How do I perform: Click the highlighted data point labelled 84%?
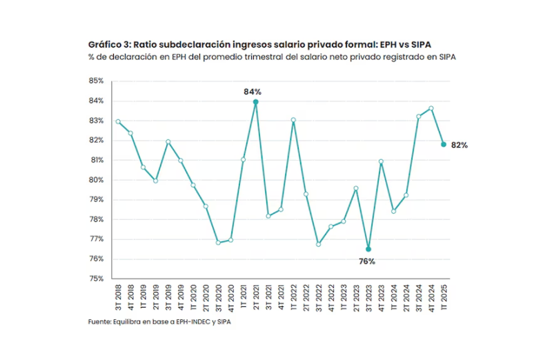(255, 102)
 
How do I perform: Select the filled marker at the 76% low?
(368, 249)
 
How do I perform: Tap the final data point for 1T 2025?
(444, 144)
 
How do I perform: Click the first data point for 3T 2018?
(118, 121)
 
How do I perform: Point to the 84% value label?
(252, 91)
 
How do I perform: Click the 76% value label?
(366, 261)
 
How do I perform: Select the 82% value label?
(460, 146)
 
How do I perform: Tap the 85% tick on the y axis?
(95, 81)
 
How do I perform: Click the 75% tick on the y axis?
(95, 279)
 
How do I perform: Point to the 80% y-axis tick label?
(95, 180)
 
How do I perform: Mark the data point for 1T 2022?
(293, 120)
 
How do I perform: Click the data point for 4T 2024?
(431, 108)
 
